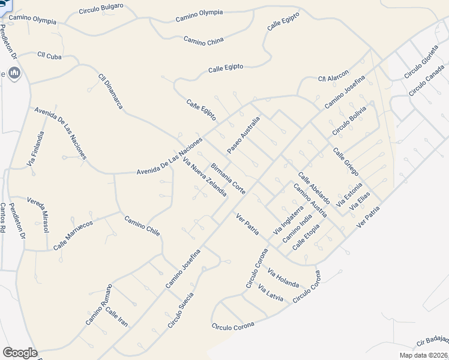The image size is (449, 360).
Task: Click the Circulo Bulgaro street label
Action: click(x=101, y=8)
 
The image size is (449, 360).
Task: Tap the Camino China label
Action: click(x=203, y=40)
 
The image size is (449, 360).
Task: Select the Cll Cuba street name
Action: click(x=50, y=55)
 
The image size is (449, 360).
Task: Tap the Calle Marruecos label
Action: click(x=73, y=235)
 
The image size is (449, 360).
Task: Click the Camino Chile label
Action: click(x=142, y=226)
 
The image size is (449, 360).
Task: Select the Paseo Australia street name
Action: click(x=243, y=134)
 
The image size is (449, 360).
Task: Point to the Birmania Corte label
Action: click(x=228, y=178)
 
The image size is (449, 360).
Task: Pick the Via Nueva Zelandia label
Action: click(x=205, y=178)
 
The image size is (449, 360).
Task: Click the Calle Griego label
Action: click(x=346, y=162)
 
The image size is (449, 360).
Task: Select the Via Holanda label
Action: click(x=283, y=277)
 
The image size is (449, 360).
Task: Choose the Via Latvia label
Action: click(x=270, y=292)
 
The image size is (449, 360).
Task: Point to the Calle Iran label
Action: click(x=116, y=317)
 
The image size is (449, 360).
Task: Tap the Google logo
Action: click(x=20, y=352)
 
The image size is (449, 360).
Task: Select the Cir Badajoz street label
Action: click(x=432, y=342)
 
